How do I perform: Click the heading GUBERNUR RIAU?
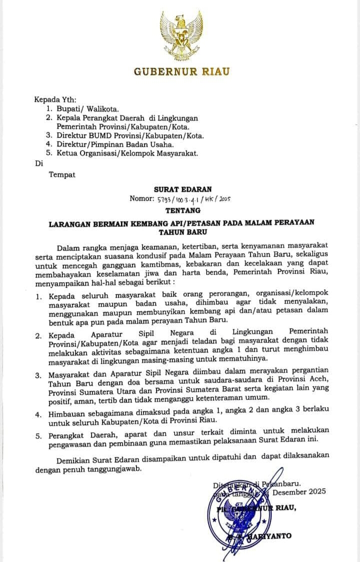(181, 71)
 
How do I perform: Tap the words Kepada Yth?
(55, 99)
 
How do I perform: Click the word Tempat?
(62, 175)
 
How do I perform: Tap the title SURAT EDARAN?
(182, 189)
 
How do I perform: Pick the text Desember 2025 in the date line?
(299, 492)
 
